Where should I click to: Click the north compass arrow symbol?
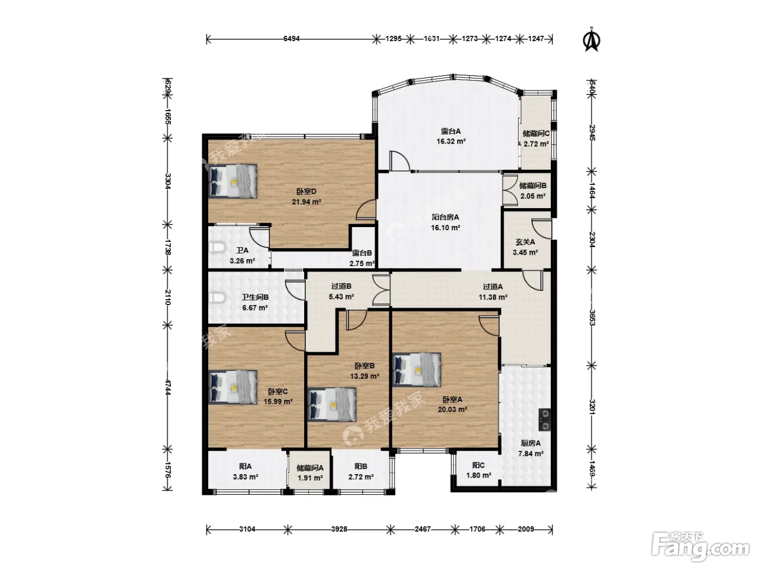pyautogui.click(x=591, y=40)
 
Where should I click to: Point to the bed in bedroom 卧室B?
pyautogui.click(x=332, y=404)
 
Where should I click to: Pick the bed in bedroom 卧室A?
pyautogui.click(x=417, y=370)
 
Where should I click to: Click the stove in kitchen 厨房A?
pyautogui.click(x=545, y=419)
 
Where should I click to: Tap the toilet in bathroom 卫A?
pyautogui.click(x=217, y=247)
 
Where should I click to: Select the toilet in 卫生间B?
pyautogui.click(x=217, y=298)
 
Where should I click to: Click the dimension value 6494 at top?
pyautogui.click(x=292, y=39)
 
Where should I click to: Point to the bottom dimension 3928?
pyautogui.click(x=339, y=529)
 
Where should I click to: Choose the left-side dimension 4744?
pyautogui.click(x=168, y=387)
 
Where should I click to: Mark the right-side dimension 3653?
pyautogui.click(x=592, y=318)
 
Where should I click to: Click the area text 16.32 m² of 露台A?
pyautogui.click(x=451, y=141)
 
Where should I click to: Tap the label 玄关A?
pyautogui.click(x=525, y=242)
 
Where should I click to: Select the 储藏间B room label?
pyautogui.click(x=533, y=186)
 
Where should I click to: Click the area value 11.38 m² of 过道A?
pyautogui.click(x=493, y=297)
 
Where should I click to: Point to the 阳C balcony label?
pyautogui.click(x=479, y=465)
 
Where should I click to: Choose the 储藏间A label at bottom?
pyautogui.click(x=310, y=468)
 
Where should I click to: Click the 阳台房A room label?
pyautogui.click(x=446, y=217)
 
